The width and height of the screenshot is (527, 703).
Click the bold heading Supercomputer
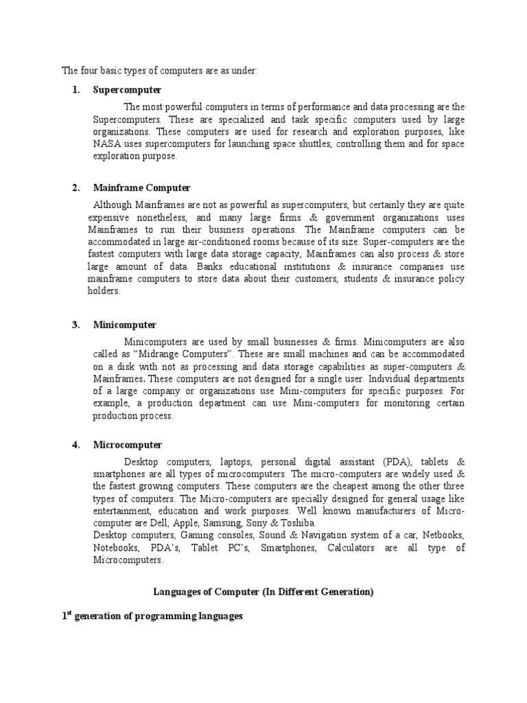click(x=127, y=90)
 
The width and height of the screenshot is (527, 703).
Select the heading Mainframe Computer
click(x=141, y=188)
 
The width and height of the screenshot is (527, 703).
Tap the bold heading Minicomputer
click(x=124, y=325)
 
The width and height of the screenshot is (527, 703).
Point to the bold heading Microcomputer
click(x=127, y=445)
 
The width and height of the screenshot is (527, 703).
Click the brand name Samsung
click(x=222, y=522)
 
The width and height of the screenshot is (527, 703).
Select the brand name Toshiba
click(x=296, y=522)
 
